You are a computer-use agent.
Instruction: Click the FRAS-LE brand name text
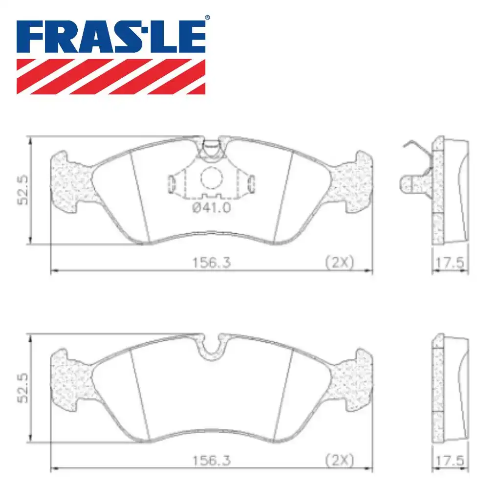[111, 37]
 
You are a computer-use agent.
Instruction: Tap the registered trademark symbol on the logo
[207, 18]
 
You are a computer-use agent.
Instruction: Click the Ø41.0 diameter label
[211, 207]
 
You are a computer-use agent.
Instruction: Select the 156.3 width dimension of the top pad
[211, 263]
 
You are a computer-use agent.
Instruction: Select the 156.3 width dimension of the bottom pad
[211, 460]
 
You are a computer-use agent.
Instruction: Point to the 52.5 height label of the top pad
[23, 190]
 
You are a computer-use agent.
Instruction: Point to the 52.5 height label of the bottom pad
[23, 388]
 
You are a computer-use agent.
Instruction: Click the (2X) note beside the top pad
[340, 262]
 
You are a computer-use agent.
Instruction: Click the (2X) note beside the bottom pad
[340, 460]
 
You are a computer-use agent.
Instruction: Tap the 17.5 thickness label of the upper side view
[450, 263]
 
